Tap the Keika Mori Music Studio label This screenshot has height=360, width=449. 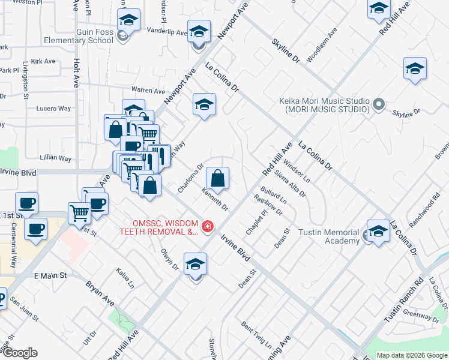[324, 105]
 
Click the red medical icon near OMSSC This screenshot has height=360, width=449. [207, 226]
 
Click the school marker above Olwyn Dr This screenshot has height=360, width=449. [195, 265]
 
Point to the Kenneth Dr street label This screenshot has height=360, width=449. [215, 200]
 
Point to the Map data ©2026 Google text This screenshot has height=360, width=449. [412, 355]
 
